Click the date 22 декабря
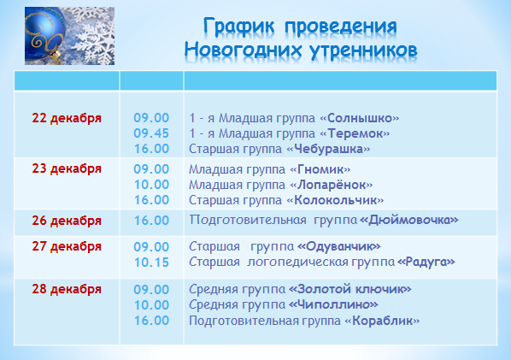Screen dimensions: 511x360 pyautogui.click(x=67, y=118)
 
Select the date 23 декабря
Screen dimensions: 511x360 pyautogui.click(x=67, y=169)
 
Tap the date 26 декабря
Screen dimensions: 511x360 pyautogui.click(x=67, y=221)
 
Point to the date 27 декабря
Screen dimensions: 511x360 pyautogui.click(x=67, y=246)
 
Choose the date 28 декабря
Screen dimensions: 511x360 pyautogui.click(x=67, y=289)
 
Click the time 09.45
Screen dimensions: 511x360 pyautogui.click(x=151, y=133)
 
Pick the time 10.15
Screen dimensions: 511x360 pyautogui.click(x=151, y=263)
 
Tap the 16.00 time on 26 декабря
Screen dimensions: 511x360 pyautogui.click(x=151, y=221)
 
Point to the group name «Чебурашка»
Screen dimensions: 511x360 pyautogui.click(x=328, y=150)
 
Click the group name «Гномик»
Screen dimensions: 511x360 pyautogui.click(x=320, y=169)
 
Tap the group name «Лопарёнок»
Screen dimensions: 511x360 pyautogui.click(x=331, y=185)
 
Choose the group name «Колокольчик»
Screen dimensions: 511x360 pyautogui.click(x=335, y=200)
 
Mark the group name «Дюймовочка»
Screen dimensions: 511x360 pyautogui.click(x=409, y=221)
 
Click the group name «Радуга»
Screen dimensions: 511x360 pyautogui.click(x=426, y=262)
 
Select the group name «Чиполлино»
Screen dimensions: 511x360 pyautogui.click(x=333, y=305)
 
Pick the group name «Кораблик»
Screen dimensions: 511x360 pyautogui.click(x=382, y=321)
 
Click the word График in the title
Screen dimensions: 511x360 pyautogui.click(x=239, y=27)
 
